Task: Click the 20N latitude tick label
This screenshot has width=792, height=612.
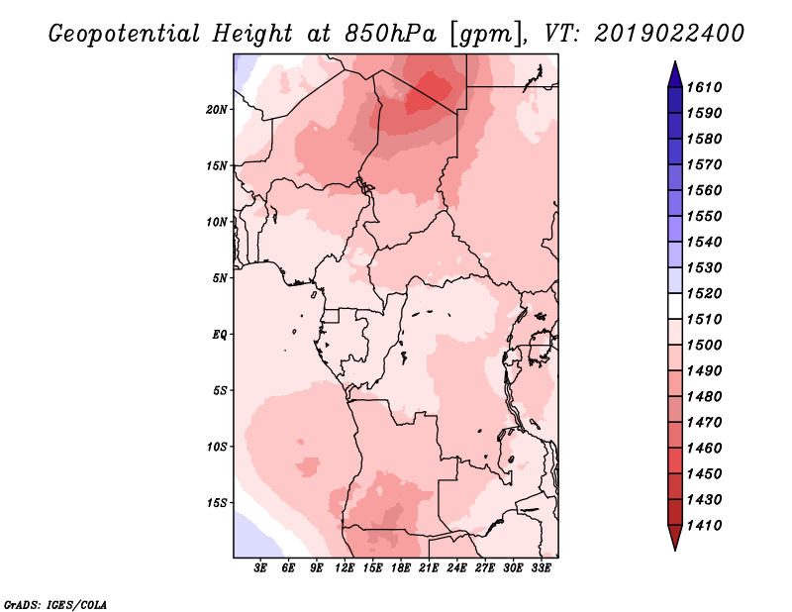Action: (x=217, y=109)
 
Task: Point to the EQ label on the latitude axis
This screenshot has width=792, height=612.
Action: (x=220, y=335)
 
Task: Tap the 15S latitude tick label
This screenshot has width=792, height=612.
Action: (x=217, y=503)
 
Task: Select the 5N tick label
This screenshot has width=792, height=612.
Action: (x=220, y=278)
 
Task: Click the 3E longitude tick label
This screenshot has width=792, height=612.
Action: (x=260, y=568)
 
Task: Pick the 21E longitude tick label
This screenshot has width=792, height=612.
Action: (x=429, y=568)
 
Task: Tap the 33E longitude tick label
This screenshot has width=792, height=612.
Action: (x=541, y=568)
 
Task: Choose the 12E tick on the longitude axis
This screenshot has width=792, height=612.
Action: (x=345, y=568)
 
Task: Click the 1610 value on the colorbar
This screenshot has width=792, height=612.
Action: (x=707, y=87)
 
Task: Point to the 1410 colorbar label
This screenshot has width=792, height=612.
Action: (x=707, y=525)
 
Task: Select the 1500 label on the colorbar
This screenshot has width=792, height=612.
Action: (x=707, y=345)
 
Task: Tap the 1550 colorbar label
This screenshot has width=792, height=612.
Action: (x=707, y=216)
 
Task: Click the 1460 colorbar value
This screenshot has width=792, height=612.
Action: (x=707, y=448)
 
